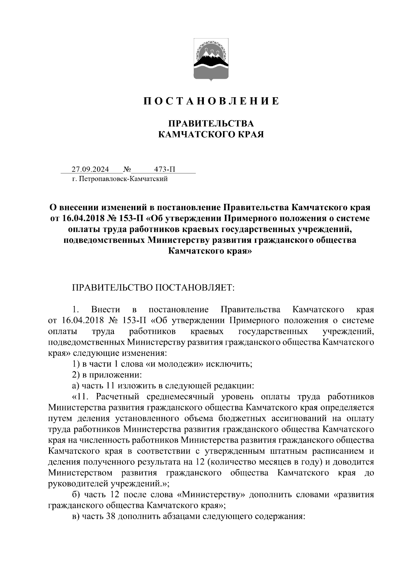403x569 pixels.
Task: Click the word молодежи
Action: [184, 364]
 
